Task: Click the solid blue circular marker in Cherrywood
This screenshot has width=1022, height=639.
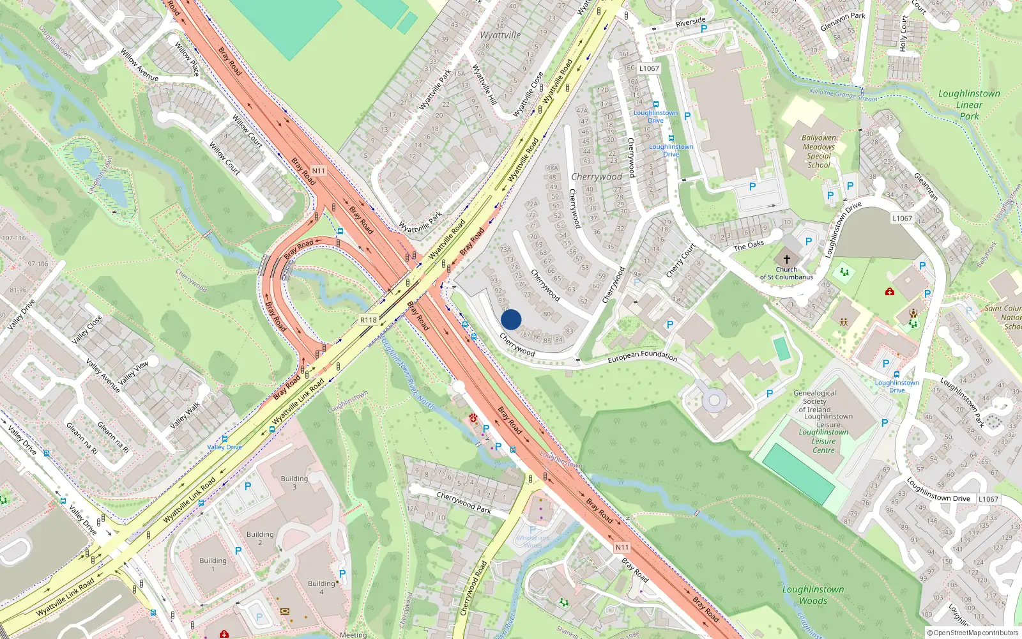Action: coord(511,319)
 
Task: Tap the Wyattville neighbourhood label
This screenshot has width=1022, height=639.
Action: coord(500,35)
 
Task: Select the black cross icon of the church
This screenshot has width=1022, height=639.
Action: coord(786,259)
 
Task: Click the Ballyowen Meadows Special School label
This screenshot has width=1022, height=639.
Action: coord(819,151)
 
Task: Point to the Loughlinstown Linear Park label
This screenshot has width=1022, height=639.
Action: coord(969,105)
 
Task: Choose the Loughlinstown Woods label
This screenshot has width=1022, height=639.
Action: coord(813,595)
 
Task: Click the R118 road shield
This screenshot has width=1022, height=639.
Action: coord(369,319)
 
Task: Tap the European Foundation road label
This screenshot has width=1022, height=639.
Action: coord(642,356)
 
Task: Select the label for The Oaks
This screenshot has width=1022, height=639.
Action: coord(749,245)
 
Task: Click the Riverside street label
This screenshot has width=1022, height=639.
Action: coord(690,22)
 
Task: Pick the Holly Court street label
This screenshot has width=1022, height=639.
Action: coord(903,33)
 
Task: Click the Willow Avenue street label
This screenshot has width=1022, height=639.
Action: coord(139,65)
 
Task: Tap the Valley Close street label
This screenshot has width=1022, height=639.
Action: coord(87,329)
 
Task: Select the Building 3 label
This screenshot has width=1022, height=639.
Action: coord(294,482)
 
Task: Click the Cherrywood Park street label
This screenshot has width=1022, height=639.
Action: coord(464,502)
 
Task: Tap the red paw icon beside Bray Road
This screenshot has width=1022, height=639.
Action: coord(473,418)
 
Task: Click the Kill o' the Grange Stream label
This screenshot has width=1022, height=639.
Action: coord(843,95)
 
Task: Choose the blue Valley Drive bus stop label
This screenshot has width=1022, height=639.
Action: coord(225,447)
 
